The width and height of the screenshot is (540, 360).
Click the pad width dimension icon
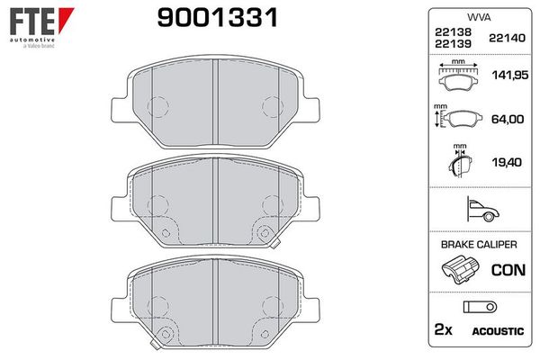coord(458,77)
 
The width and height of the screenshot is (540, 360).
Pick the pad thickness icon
coord(459,165)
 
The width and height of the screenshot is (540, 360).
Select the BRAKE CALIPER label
coord(479,244)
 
